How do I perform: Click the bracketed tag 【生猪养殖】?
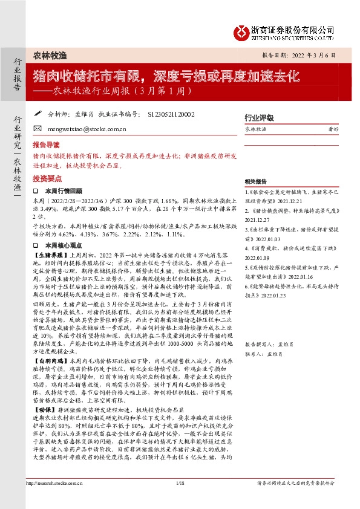coord(48,256)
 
